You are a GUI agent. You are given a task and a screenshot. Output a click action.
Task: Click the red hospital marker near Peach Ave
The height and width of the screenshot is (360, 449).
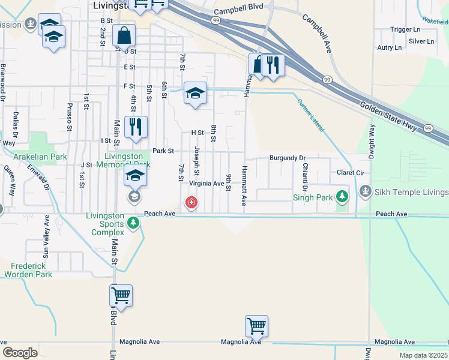[191, 203]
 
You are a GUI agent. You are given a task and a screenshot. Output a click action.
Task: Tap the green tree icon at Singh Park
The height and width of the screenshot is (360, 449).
[342, 197]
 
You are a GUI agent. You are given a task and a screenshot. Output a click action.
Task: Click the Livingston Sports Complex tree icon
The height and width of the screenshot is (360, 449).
[133, 224]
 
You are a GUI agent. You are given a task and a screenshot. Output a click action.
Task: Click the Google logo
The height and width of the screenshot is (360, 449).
[20, 352]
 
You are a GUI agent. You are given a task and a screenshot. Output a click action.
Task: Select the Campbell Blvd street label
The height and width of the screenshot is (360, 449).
[235, 11]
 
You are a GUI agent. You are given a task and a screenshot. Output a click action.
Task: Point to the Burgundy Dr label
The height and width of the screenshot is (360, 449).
[288, 157]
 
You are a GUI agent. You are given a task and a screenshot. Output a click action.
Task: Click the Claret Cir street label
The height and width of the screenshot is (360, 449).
[351, 172]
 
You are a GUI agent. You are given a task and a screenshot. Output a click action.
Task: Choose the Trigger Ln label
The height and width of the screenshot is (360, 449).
[405, 29]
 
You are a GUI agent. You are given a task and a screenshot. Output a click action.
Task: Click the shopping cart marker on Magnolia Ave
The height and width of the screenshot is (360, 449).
[256, 326]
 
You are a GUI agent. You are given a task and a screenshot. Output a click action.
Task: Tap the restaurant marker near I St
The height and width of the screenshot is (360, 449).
[136, 127]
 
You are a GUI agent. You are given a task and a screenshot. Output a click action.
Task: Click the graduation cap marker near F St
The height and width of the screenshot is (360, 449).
[195, 93]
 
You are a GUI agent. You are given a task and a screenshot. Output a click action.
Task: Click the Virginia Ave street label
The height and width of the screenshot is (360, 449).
[206, 184]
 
